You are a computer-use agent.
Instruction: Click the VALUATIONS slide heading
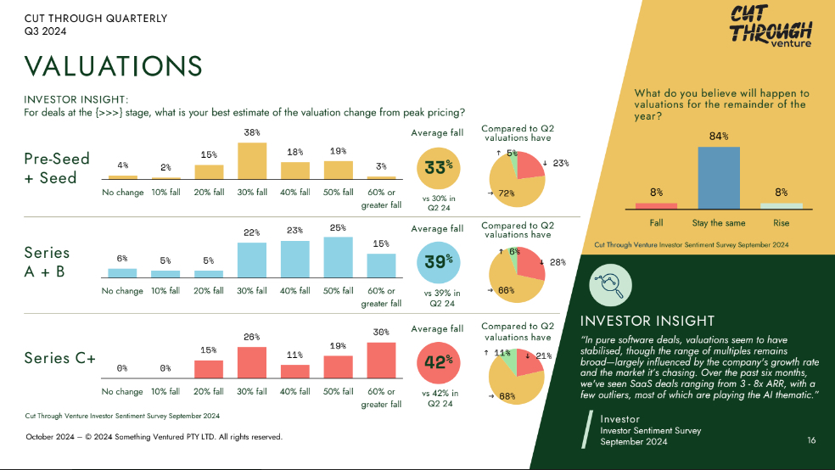[113, 66]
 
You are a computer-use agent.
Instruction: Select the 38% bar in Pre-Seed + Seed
[252, 160]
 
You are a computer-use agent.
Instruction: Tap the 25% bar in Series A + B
[338, 257]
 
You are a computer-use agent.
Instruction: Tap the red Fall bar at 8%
[656, 205]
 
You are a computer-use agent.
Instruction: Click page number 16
[811, 440]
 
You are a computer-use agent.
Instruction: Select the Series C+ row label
[59, 358]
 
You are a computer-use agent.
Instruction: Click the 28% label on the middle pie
[558, 262]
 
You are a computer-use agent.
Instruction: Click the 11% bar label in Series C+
[294, 354]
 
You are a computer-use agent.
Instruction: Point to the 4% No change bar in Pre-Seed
[123, 176]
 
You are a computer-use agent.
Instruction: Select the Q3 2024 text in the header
[46, 31]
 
